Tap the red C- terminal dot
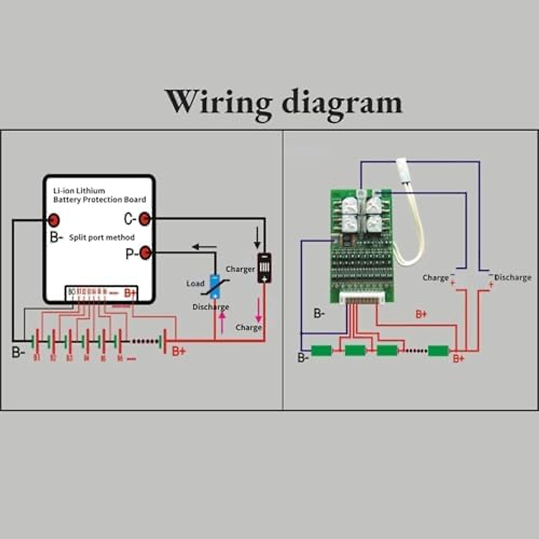tap(144, 219)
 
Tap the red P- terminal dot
tap(145, 253)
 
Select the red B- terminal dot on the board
tap(53, 220)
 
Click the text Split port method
tap(102, 238)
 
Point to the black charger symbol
tap(264, 268)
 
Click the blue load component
tap(216, 286)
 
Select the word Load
tap(195, 283)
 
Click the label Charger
tap(240, 269)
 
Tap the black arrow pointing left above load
tap(204, 247)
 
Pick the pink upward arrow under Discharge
tap(222, 322)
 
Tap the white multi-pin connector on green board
tap(360, 298)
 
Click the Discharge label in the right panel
tap(512, 278)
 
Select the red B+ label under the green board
tap(421, 314)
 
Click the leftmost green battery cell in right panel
tap(321, 350)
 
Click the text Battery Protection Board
tap(100, 199)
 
